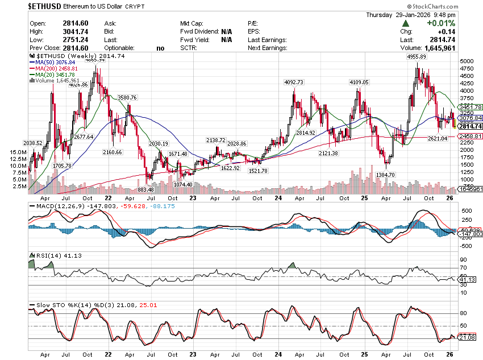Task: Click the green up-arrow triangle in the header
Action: (x=405, y=23)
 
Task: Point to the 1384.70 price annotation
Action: (x=385, y=175)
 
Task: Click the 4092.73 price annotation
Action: (x=294, y=82)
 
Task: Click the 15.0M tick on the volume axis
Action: (x=18, y=152)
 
